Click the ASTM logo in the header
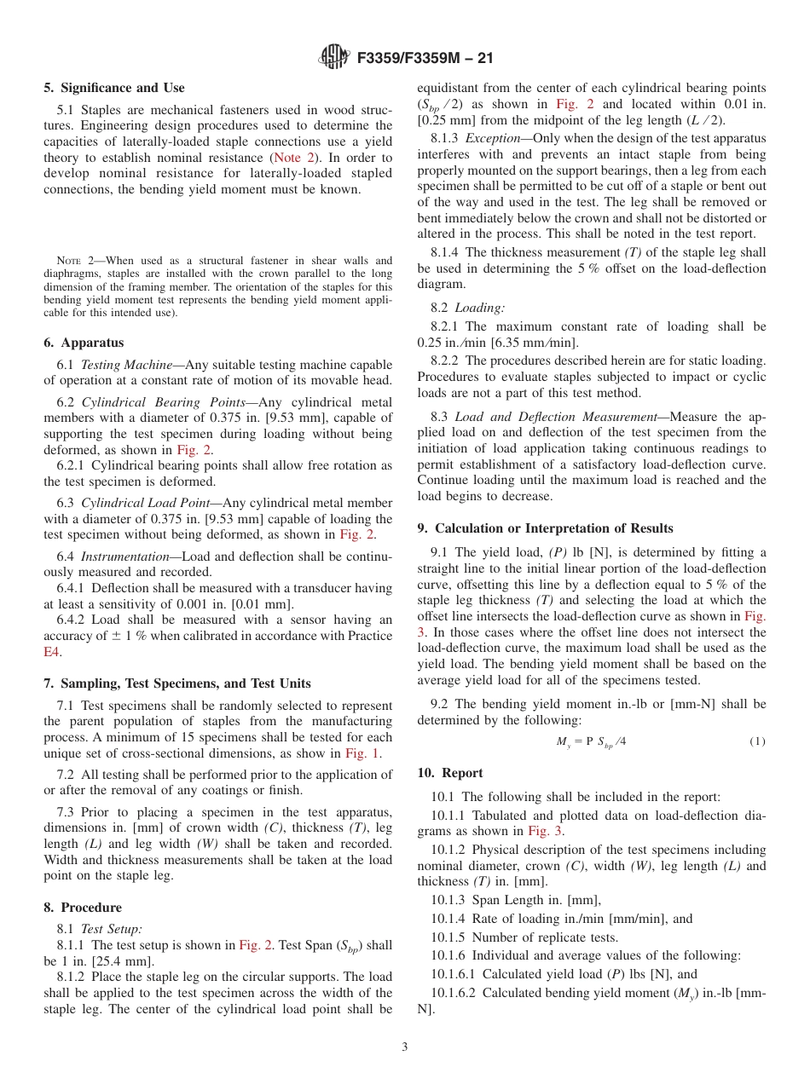(x=334, y=57)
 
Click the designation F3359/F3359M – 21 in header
(x=425, y=58)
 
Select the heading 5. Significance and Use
(x=114, y=88)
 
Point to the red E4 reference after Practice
(x=49, y=652)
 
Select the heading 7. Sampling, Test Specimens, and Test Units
(x=176, y=683)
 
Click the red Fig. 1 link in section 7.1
(x=362, y=753)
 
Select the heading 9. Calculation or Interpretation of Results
(x=545, y=528)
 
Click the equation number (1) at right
(x=757, y=741)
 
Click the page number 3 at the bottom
(x=405, y=1047)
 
